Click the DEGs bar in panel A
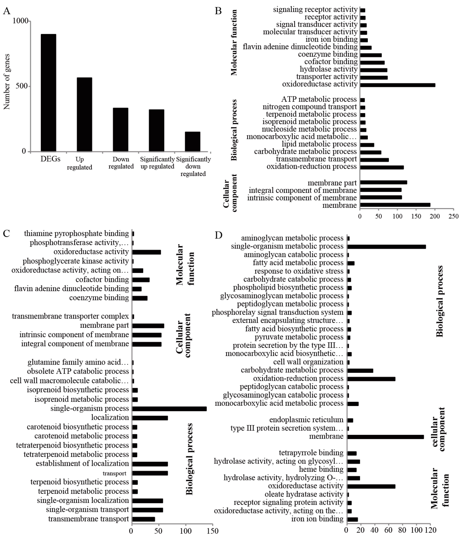pos(48,93)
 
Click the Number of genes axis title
pos(7,82)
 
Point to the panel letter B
pos(218,11)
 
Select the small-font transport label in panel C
pos(115,473)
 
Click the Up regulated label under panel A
pos(79,163)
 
